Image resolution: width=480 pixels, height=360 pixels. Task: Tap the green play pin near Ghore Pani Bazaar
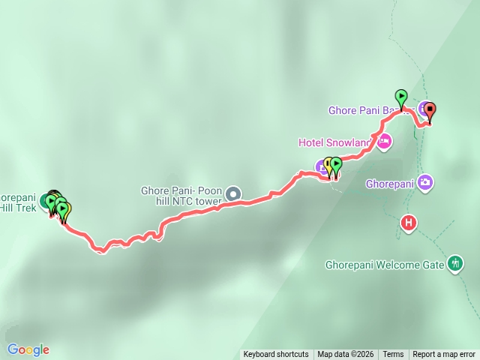coord(401,97)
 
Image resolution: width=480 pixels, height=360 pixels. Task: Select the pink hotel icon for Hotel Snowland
coord(383,141)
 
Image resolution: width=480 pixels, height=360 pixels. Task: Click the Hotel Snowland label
coord(334,142)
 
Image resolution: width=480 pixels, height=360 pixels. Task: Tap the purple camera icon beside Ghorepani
coord(425,182)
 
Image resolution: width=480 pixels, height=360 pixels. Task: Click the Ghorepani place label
coord(390,183)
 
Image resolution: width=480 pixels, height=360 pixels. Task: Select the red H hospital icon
coord(409,223)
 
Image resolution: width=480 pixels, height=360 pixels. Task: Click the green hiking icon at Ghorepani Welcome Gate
coord(455,263)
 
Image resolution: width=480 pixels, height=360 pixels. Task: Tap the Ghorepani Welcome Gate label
coord(385,265)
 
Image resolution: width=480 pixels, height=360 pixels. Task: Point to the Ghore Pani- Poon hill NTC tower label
coord(181,196)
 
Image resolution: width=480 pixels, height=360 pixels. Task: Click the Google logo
coord(28,349)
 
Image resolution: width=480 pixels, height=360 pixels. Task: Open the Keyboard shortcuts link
coord(275,355)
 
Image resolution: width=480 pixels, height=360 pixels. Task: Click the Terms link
coord(393,355)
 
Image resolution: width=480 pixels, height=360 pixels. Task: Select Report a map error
coord(444,355)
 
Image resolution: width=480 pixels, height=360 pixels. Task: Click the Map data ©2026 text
coord(344,355)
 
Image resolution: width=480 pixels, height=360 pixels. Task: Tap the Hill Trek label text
coord(14,207)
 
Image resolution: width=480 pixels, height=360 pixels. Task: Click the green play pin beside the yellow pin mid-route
coord(336,164)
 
